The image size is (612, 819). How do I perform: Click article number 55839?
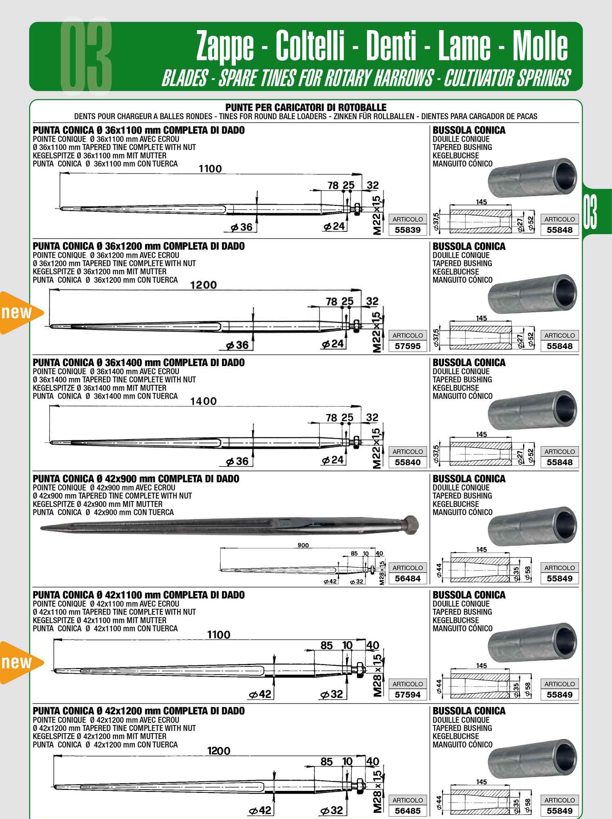[x=407, y=230]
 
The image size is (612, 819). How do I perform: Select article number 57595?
[x=407, y=346]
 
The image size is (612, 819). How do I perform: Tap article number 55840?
[x=407, y=462]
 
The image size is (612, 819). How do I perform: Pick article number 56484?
[x=407, y=578]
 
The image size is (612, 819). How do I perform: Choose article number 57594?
[x=407, y=695]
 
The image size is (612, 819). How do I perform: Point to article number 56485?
[x=407, y=811]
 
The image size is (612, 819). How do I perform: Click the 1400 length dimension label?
[x=204, y=401]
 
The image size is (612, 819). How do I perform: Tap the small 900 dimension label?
[x=303, y=545]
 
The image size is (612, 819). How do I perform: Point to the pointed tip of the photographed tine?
[x=41, y=528]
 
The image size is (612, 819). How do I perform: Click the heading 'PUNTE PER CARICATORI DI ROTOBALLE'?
[x=306, y=107]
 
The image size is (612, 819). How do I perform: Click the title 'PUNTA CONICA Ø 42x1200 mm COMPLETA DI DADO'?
[x=139, y=711]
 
